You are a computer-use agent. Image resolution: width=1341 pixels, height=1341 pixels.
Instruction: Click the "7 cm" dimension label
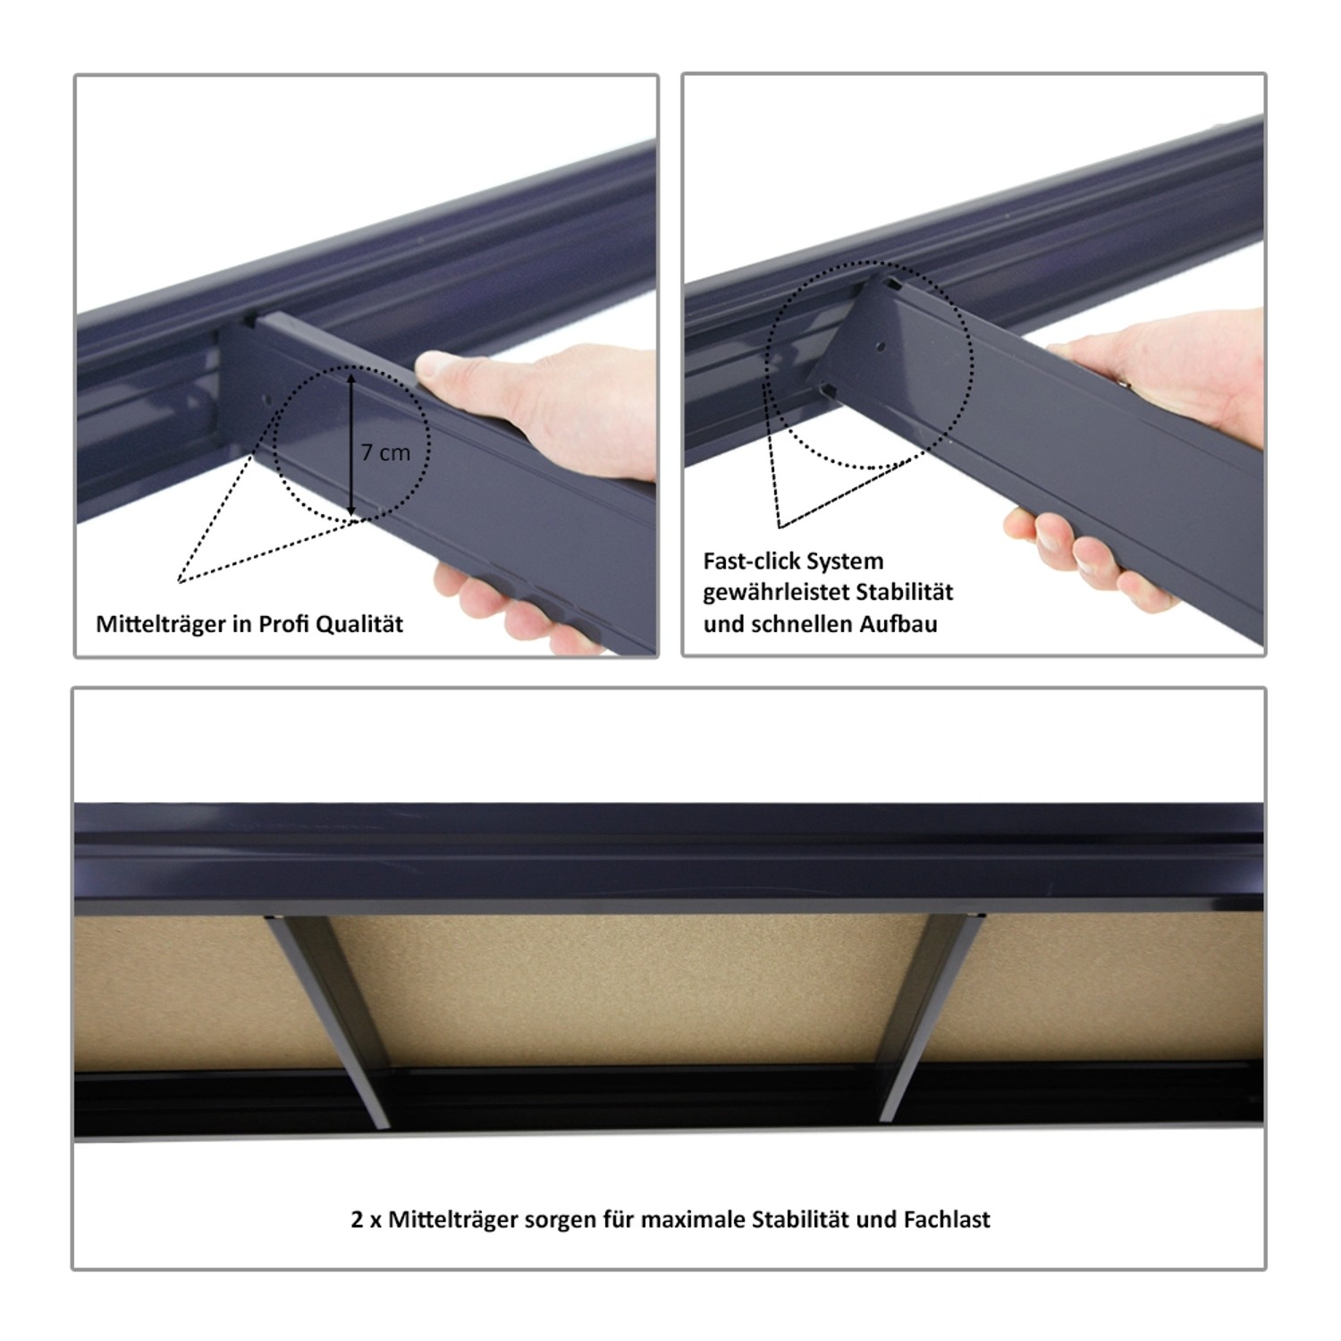385,452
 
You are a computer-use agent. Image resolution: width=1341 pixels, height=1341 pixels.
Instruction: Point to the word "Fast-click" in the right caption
751,561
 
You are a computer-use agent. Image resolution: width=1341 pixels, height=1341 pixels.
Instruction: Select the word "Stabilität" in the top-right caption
904,592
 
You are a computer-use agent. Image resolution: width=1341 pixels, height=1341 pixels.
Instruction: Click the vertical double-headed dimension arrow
351,445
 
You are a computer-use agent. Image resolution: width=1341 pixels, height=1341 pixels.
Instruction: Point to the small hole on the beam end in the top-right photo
880,345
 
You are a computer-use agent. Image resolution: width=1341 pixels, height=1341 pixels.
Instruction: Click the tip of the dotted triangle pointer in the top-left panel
179,582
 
